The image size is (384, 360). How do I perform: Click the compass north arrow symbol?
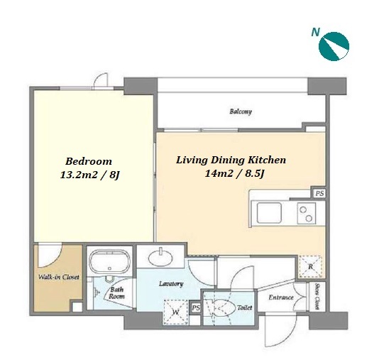click(x=334, y=46)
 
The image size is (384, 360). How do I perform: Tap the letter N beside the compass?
click(x=315, y=32)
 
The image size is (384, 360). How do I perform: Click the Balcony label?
click(x=241, y=111)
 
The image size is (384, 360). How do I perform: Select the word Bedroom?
click(x=89, y=161)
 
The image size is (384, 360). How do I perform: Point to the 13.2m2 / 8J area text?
click(x=90, y=175)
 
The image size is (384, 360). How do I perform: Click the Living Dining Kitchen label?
click(x=231, y=160)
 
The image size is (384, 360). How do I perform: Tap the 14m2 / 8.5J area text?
click(x=235, y=174)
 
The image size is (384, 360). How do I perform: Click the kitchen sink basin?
click(x=268, y=213)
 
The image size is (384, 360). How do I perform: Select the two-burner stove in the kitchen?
click(x=307, y=213)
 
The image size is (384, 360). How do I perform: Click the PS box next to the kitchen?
click(x=319, y=193)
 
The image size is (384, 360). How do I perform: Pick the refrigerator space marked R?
click(x=310, y=266)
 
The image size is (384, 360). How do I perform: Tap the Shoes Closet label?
click(x=317, y=296)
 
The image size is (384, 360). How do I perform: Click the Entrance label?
click(x=281, y=298)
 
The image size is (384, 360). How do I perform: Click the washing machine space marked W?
click(x=176, y=312)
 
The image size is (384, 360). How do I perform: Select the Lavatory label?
click(x=171, y=284)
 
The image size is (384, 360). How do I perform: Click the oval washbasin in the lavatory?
click(x=160, y=258)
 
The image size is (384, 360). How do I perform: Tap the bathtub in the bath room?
click(x=109, y=261)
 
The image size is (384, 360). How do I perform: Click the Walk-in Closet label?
click(x=58, y=277)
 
